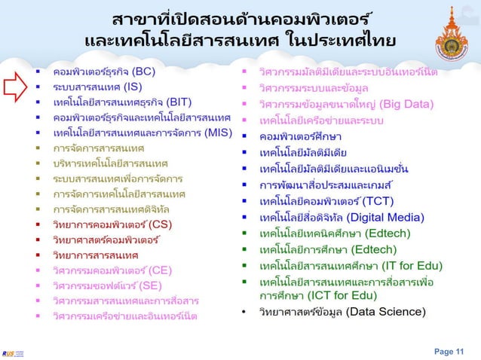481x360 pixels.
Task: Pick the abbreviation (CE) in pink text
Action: tap(161, 270)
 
